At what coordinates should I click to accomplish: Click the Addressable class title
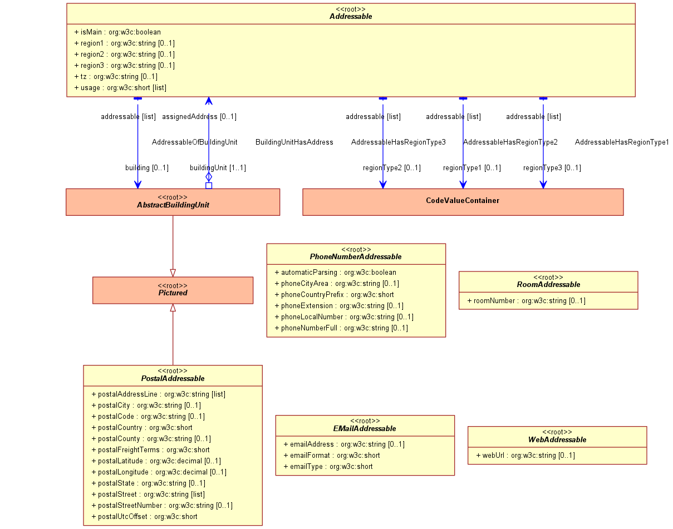[351, 16]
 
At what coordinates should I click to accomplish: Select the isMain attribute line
[117, 32]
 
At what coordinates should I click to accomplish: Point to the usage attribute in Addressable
[120, 87]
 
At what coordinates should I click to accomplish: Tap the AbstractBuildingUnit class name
[173, 205]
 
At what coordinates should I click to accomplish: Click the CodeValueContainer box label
[463, 200]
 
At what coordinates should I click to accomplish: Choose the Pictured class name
[173, 293]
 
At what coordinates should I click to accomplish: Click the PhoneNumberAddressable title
[356, 256]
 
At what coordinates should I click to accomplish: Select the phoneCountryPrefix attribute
[335, 294]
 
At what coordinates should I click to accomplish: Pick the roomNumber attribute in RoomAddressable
[527, 300]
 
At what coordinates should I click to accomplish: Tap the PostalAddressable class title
[173, 378]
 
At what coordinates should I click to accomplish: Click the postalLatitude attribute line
[156, 461]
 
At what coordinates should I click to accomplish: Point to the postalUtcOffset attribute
[145, 517]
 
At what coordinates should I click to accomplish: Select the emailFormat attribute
[332, 455]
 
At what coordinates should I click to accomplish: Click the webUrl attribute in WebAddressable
[525, 455]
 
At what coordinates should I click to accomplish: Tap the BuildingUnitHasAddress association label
[294, 142]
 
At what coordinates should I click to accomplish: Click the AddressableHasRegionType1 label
[622, 142]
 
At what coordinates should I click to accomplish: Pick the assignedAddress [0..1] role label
[199, 117]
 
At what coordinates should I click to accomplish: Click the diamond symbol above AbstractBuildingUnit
[209, 177]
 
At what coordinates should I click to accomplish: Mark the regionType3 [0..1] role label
[552, 168]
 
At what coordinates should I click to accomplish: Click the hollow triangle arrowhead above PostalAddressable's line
[173, 308]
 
